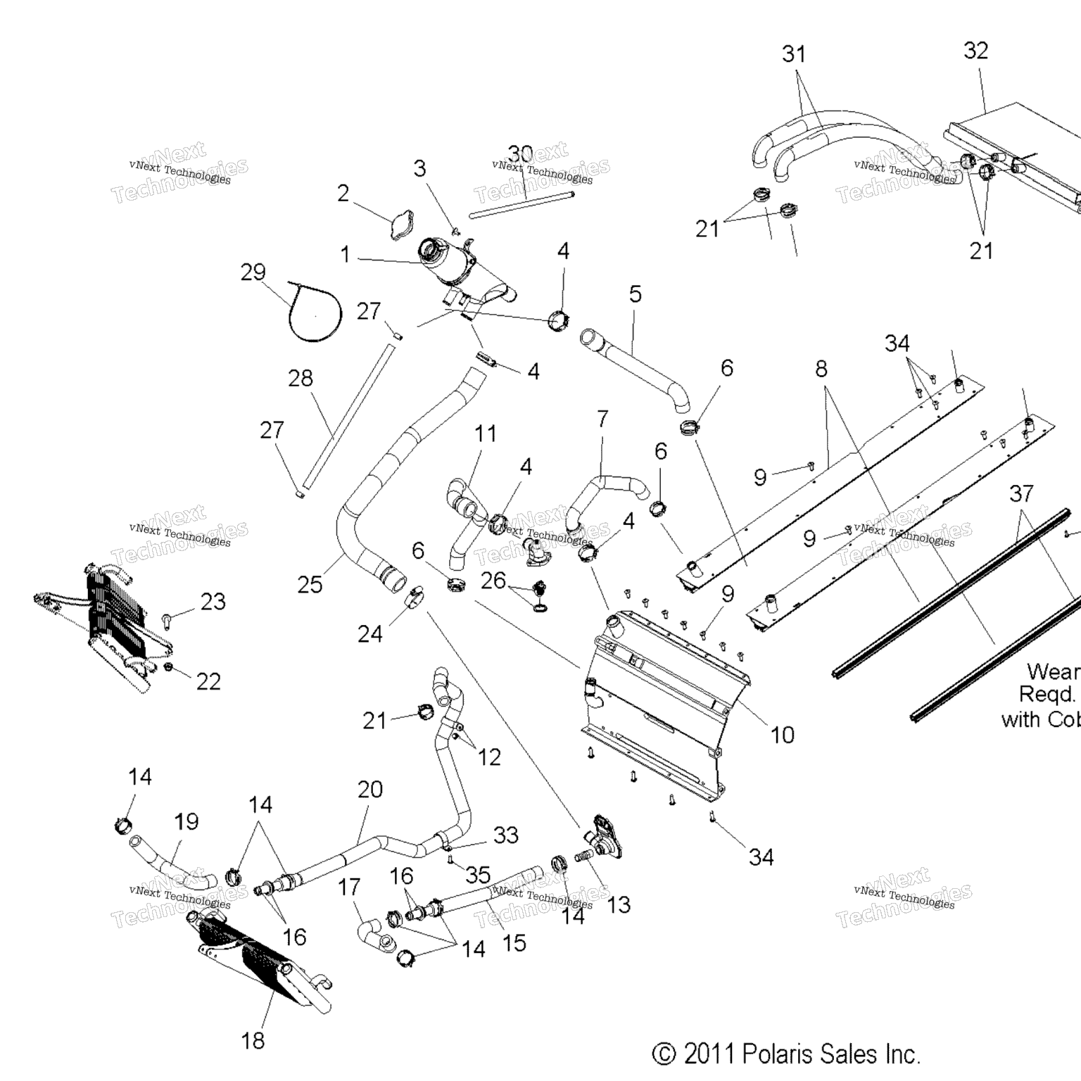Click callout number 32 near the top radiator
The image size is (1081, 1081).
pyautogui.click(x=975, y=51)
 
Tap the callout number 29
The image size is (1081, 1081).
pyautogui.click(x=253, y=272)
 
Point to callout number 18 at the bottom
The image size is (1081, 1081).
pyautogui.click(x=253, y=1040)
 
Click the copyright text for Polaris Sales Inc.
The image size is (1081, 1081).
pyautogui.click(x=786, y=1054)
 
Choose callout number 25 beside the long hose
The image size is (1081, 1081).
pyautogui.click(x=310, y=584)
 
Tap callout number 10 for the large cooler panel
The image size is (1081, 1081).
pyautogui.click(x=782, y=735)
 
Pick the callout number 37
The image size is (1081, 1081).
pyautogui.click(x=1021, y=493)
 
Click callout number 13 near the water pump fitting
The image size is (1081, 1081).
pyautogui.click(x=619, y=904)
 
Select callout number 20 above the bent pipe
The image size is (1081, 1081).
pyautogui.click(x=370, y=790)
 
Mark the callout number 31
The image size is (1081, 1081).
pyautogui.click(x=794, y=54)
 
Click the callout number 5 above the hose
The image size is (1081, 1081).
pyautogui.click(x=636, y=294)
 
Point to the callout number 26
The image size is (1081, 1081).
pyautogui.click(x=493, y=581)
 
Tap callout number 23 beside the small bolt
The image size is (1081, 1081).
pyautogui.click(x=213, y=602)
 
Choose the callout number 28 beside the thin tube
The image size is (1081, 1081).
pyautogui.click(x=301, y=379)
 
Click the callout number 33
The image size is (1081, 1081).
pyautogui.click(x=506, y=835)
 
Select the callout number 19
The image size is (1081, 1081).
pyautogui.click(x=187, y=821)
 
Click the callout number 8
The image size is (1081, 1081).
pyautogui.click(x=821, y=369)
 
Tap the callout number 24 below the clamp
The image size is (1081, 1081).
pyautogui.click(x=370, y=634)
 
